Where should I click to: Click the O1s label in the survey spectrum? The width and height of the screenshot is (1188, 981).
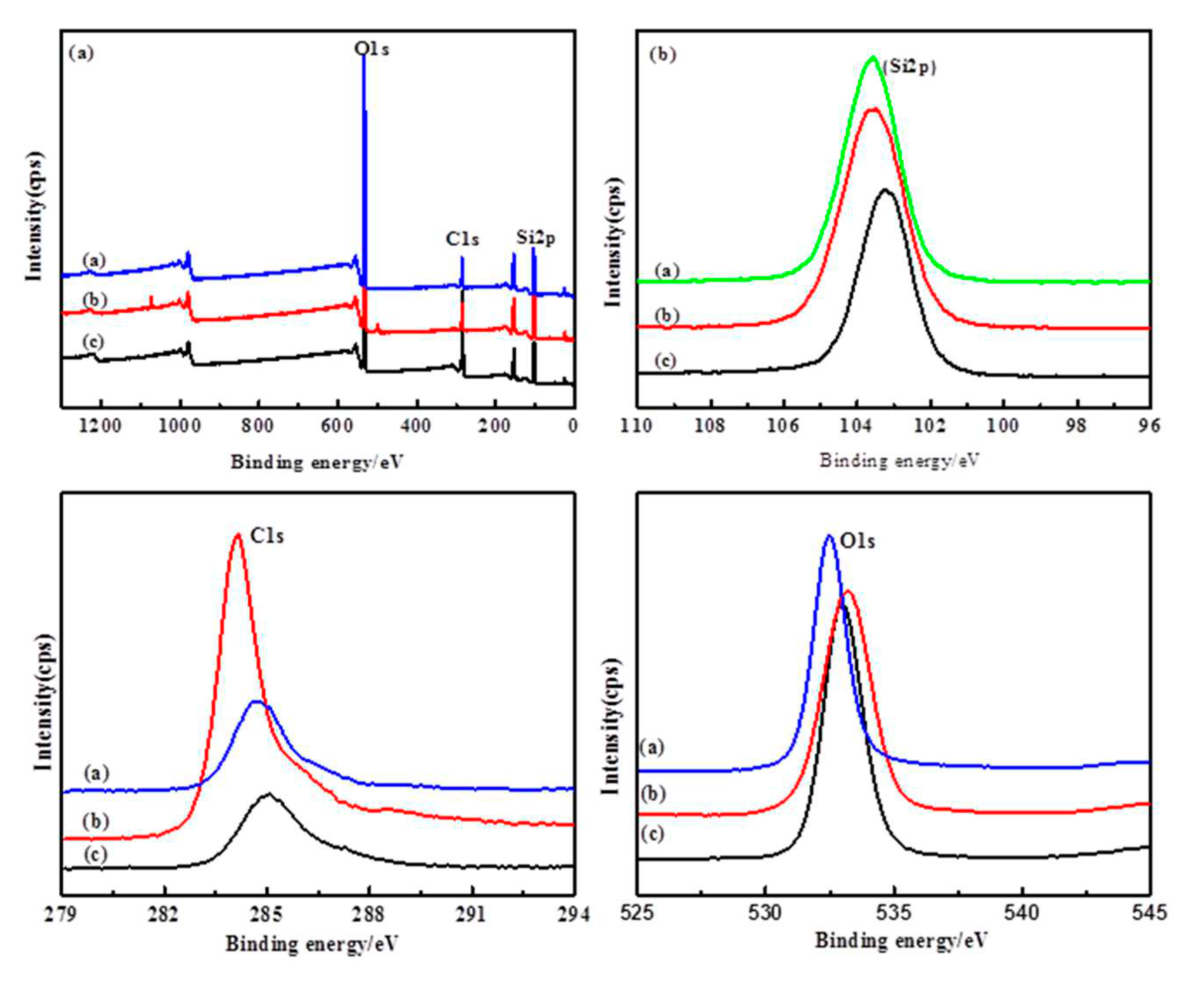(371, 49)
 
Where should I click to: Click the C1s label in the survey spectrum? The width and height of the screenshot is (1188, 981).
(462, 239)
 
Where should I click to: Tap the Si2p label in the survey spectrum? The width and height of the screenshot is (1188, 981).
(535, 238)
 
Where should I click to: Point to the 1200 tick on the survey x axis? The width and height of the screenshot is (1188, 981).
(101, 426)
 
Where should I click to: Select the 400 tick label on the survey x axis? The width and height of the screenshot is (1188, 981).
(416, 426)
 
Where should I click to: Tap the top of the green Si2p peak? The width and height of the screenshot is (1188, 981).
(872, 58)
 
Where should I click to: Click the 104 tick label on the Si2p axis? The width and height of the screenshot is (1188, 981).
(857, 426)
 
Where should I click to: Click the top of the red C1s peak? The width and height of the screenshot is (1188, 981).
(237, 534)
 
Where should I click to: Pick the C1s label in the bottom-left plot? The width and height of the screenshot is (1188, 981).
(267, 536)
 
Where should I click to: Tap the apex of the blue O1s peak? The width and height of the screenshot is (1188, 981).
(829, 536)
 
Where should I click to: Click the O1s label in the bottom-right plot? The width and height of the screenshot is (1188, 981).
(857, 541)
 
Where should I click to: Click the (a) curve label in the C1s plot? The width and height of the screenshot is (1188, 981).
(96, 772)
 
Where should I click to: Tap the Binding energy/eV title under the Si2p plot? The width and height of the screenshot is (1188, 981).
(899, 460)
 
